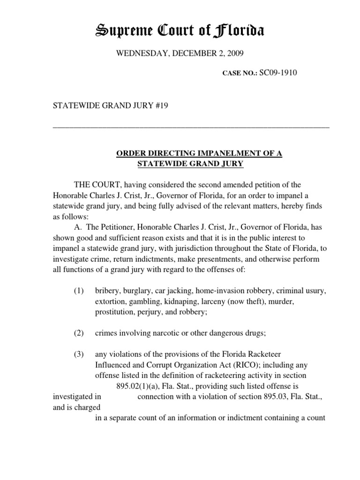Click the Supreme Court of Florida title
[180, 31]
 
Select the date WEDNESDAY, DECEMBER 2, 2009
[180, 54]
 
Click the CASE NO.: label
[240, 73]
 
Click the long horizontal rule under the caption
[191, 127]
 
